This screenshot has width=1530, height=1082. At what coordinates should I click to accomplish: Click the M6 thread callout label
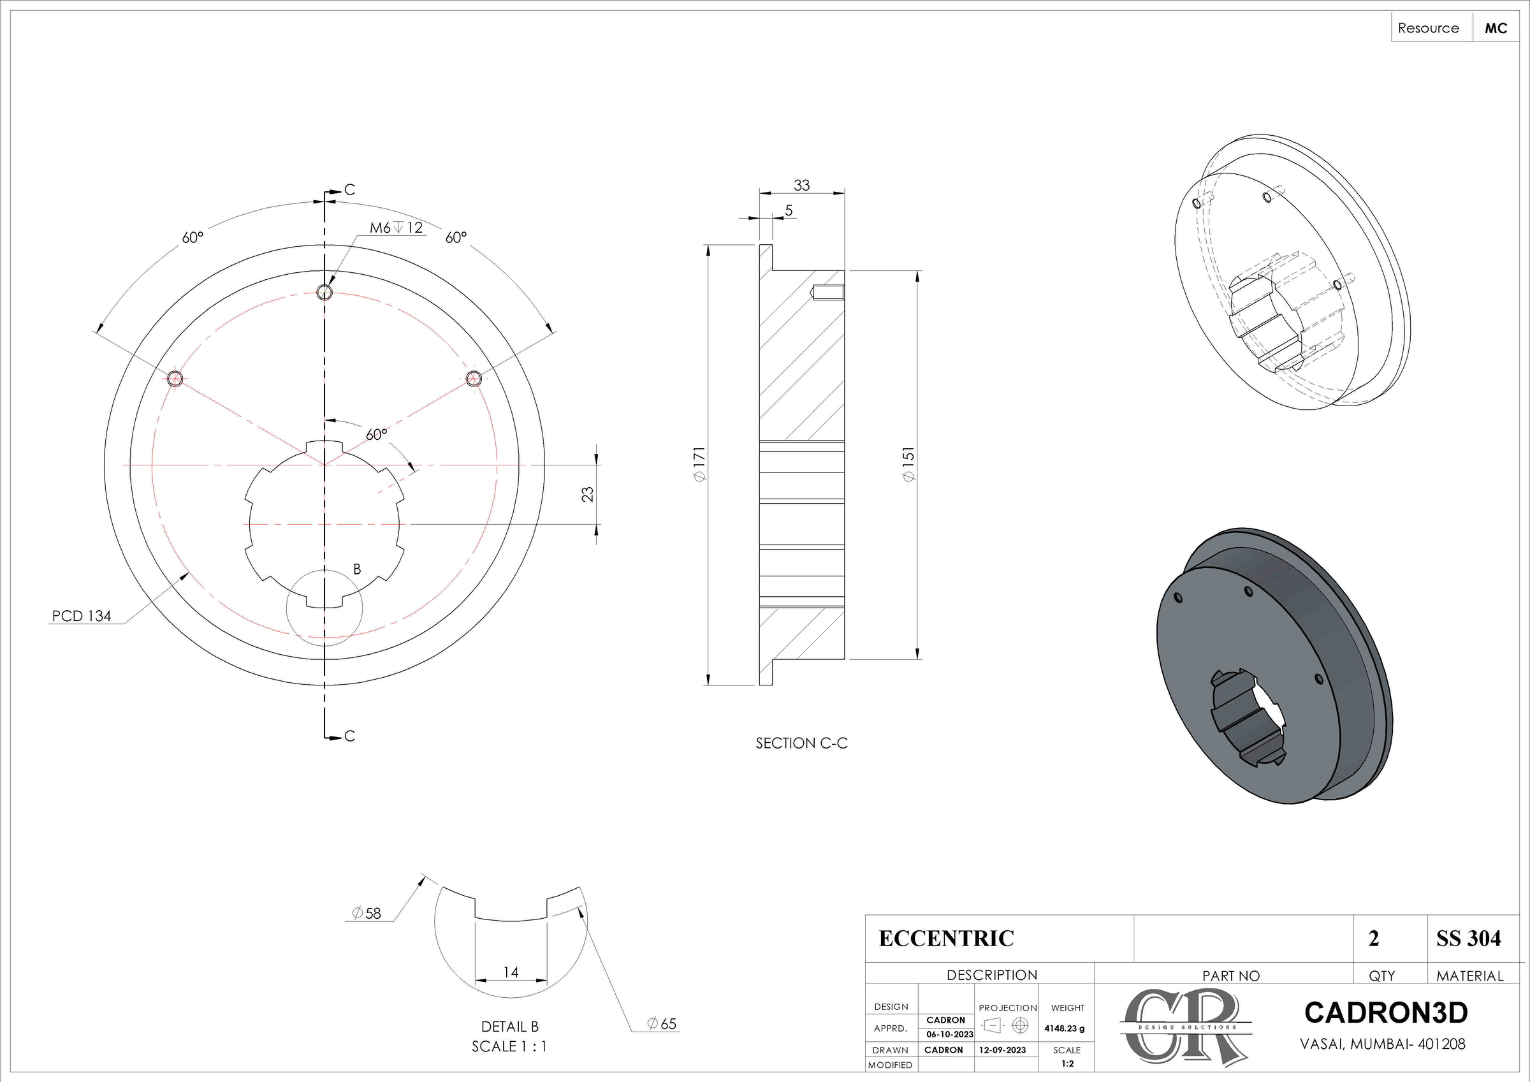click(x=396, y=228)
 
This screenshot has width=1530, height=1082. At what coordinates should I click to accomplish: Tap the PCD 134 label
click(x=82, y=616)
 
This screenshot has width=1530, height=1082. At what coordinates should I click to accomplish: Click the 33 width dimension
click(x=801, y=186)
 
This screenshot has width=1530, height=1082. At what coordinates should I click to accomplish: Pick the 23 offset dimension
click(x=588, y=494)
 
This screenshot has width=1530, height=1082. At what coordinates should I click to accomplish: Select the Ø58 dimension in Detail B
click(x=367, y=913)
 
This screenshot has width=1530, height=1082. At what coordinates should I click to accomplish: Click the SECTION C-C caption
click(x=801, y=743)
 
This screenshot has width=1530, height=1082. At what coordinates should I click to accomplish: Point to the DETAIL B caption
click(x=510, y=1027)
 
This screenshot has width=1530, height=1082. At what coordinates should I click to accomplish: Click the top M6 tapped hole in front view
click(x=324, y=292)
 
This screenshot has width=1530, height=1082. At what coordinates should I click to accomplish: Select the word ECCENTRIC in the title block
click(x=945, y=939)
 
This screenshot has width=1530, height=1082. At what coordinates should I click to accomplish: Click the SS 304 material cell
click(x=1468, y=939)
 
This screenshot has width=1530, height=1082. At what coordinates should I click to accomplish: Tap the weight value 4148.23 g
click(x=1064, y=1028)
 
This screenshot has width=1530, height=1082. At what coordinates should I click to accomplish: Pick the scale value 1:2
click(x=1067, y=1064)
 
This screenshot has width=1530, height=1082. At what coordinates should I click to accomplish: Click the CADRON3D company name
click(x=1385, y=1013)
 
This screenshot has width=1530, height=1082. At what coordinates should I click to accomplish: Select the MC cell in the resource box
click(x=1496, y=28)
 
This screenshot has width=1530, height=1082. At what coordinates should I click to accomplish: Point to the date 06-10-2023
click(x=950, y=1035)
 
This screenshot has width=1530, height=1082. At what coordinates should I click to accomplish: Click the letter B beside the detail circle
click(x=357, y=569)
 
